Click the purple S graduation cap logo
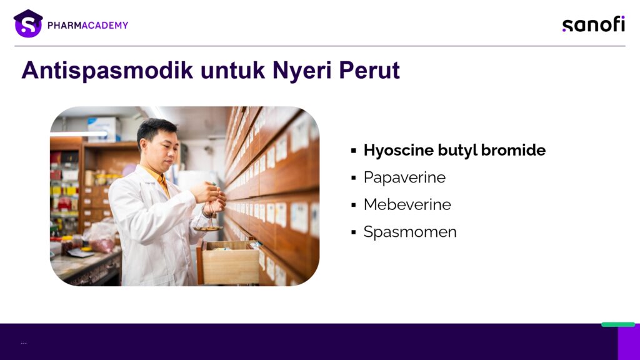(27, 24)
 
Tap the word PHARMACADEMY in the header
(87, 25)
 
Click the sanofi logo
(594, 24)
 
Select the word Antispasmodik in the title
(107, 70)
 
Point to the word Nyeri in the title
(302, 71)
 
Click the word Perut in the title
(369, 70)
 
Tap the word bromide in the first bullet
(513, 150)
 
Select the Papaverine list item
(404, 177)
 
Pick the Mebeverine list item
(407, 204)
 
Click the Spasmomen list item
(410, 232)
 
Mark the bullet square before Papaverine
(354, 178)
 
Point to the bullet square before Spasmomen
(354, 232)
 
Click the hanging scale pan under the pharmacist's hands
(207, 229)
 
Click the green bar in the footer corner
(618, 324)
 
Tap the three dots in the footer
(24, 343)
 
